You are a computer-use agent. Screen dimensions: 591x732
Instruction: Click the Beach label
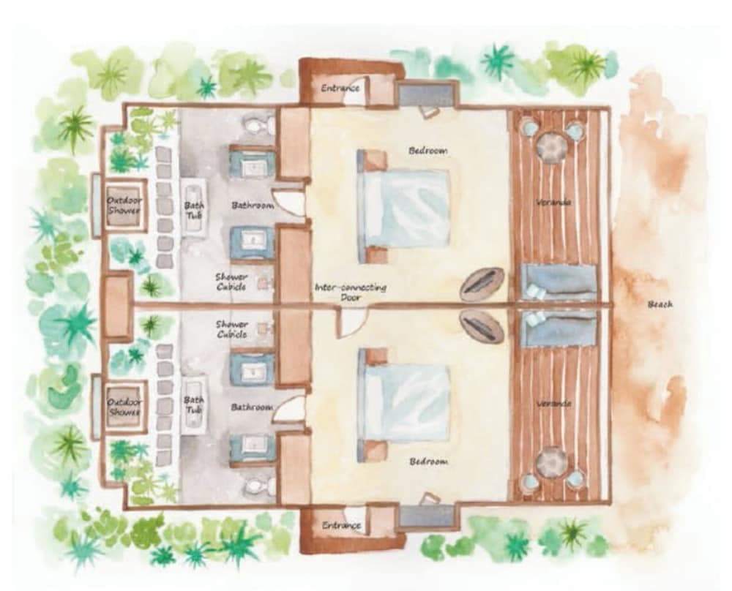pos(660,304)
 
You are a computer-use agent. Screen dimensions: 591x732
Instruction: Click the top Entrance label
pos(340,88)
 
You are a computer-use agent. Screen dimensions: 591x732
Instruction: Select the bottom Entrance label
pos(341,525)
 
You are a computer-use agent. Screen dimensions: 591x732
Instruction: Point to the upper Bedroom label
pos(427,150)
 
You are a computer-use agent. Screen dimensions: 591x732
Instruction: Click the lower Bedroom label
pos(428,462)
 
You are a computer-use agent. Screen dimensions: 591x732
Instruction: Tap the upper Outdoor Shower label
pos(124,205)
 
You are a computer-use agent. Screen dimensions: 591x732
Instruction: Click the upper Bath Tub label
pos(194,211)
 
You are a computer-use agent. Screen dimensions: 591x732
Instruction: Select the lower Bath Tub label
pos(194,404)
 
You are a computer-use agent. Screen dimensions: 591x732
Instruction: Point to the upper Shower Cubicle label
pos(231,282)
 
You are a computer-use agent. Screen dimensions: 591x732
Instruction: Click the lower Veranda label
pos(553,403)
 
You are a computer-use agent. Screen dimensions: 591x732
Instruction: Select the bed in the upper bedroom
pos(405,207)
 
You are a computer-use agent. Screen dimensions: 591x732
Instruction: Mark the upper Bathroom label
pos(253,206)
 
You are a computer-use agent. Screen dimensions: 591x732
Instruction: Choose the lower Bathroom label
pos(253,407)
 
